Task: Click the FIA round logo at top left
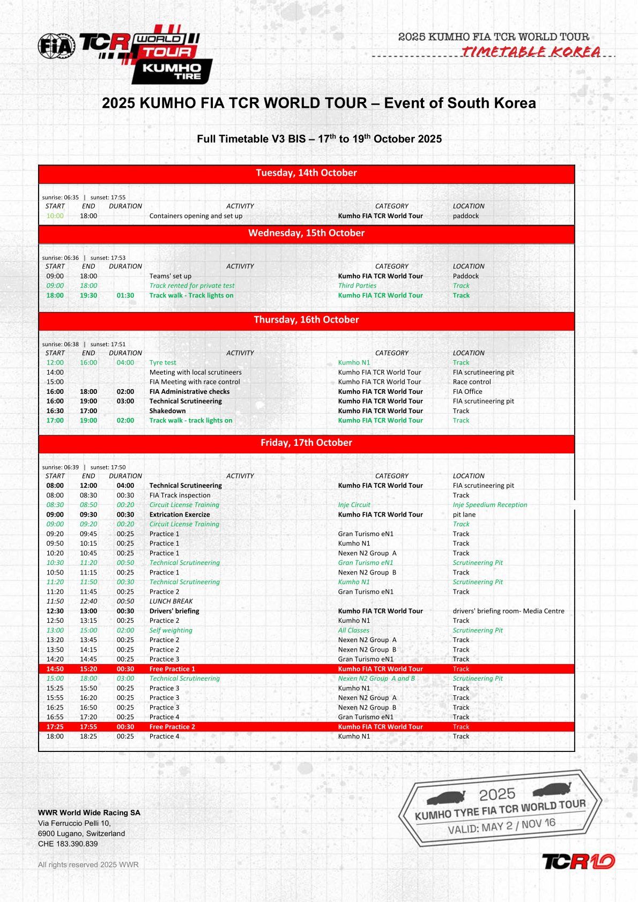click(56, 46)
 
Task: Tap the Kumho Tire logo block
click(172, 72)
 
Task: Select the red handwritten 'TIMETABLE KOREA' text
click(531, 52)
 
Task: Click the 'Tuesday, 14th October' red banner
click(306, 173)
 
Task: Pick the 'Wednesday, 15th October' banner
click(306, 233)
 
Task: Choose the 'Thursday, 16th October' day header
click(306, 320)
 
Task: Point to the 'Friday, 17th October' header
click(306, 443)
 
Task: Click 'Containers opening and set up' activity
click(196, 216)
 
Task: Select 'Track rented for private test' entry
click(192, 286)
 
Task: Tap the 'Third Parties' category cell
click(357, 286)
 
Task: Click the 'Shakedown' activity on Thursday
click(167, 411)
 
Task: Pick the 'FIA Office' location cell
click(468, 392)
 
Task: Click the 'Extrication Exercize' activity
click(180, 515)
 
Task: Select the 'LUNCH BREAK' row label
click(171, 601)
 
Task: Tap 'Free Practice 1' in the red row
click(172, 669)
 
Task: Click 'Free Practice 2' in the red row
click(172, 727)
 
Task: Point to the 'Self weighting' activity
click(170, 630)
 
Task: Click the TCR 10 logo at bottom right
click(578, 862)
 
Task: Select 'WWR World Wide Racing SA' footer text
click(89, 812)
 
